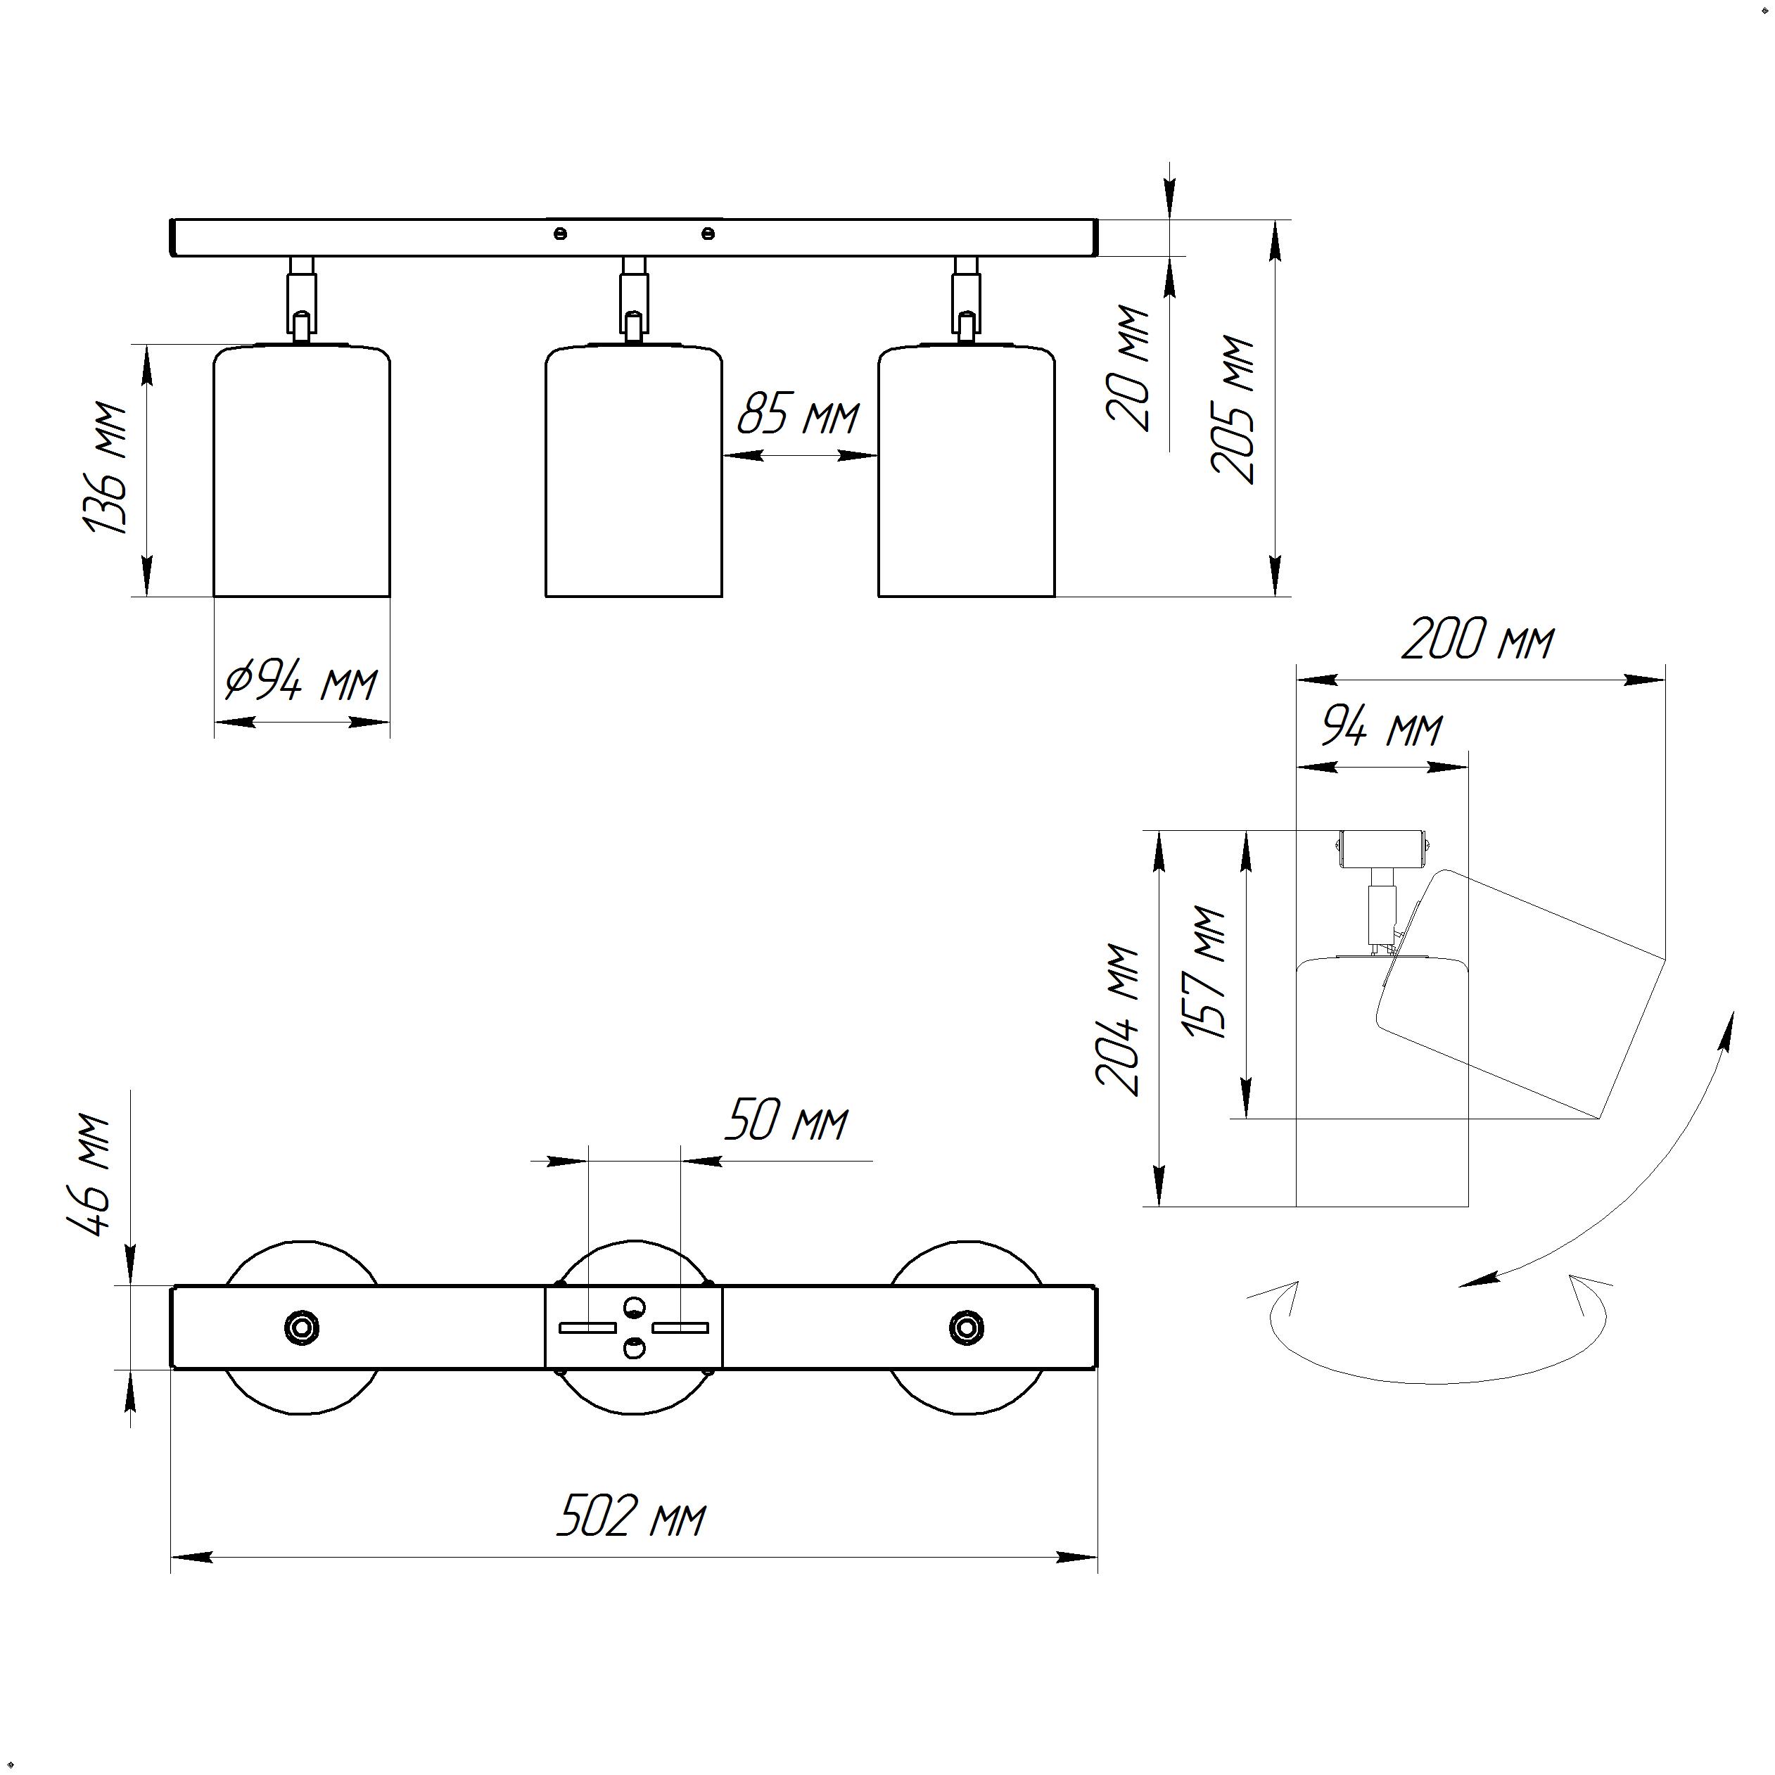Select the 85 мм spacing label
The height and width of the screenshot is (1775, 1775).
798,415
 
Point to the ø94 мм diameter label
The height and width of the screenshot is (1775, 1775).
301,682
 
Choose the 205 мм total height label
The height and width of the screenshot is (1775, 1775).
1234,409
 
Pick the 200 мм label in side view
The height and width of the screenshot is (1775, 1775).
1477,640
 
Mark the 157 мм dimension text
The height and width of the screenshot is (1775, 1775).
1207,973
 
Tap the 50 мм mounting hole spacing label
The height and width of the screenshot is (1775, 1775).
787,1122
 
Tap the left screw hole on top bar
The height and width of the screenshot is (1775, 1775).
561,234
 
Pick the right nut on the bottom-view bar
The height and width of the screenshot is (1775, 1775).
965,1328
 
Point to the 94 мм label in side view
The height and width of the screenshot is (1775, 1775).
1381,729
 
